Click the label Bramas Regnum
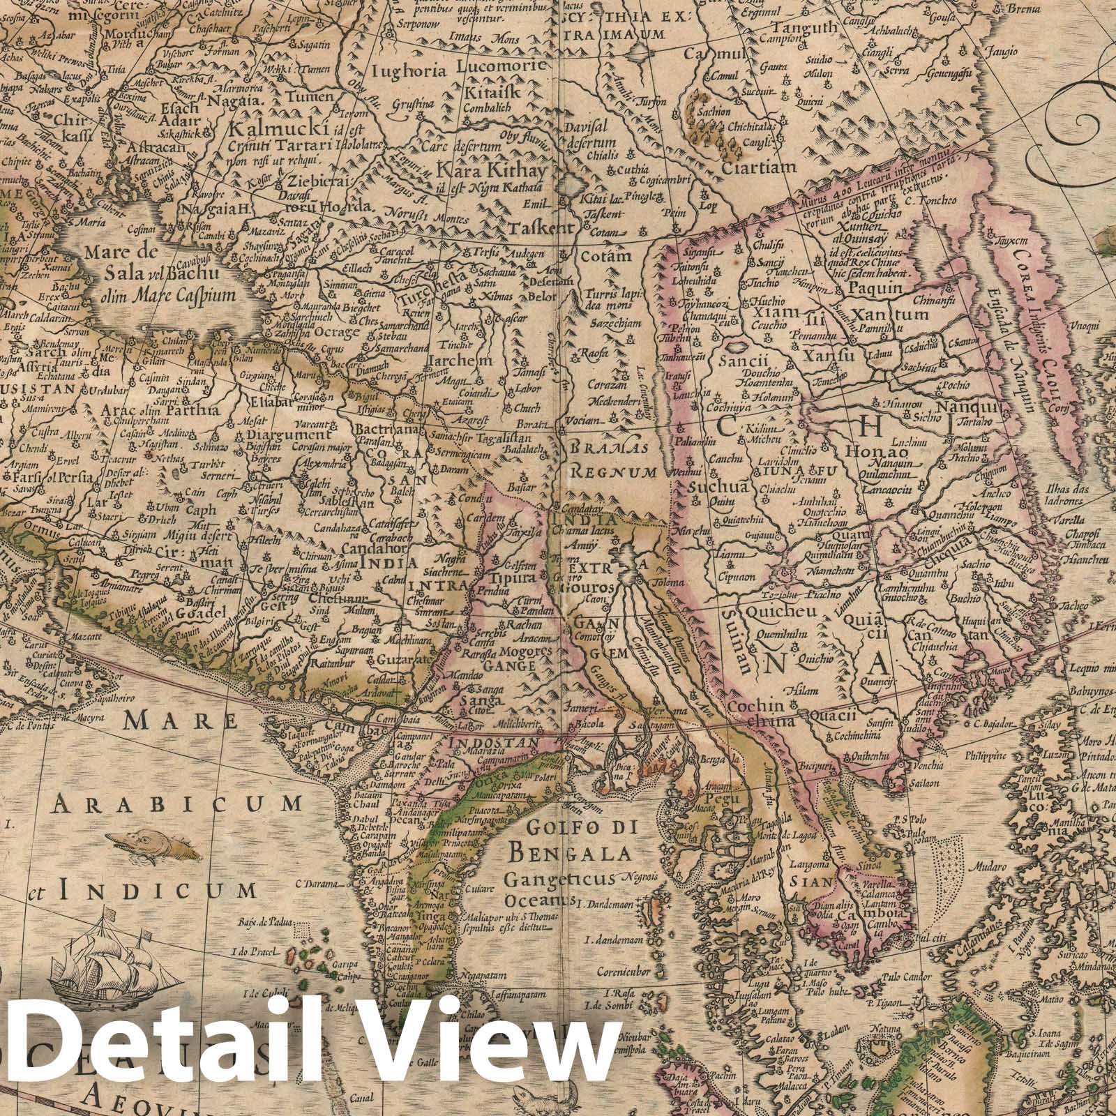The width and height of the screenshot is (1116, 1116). [x=609, y=460]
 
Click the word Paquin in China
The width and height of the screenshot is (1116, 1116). [x=875, y=287]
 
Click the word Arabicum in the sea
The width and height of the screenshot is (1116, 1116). [x=179, y=805]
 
